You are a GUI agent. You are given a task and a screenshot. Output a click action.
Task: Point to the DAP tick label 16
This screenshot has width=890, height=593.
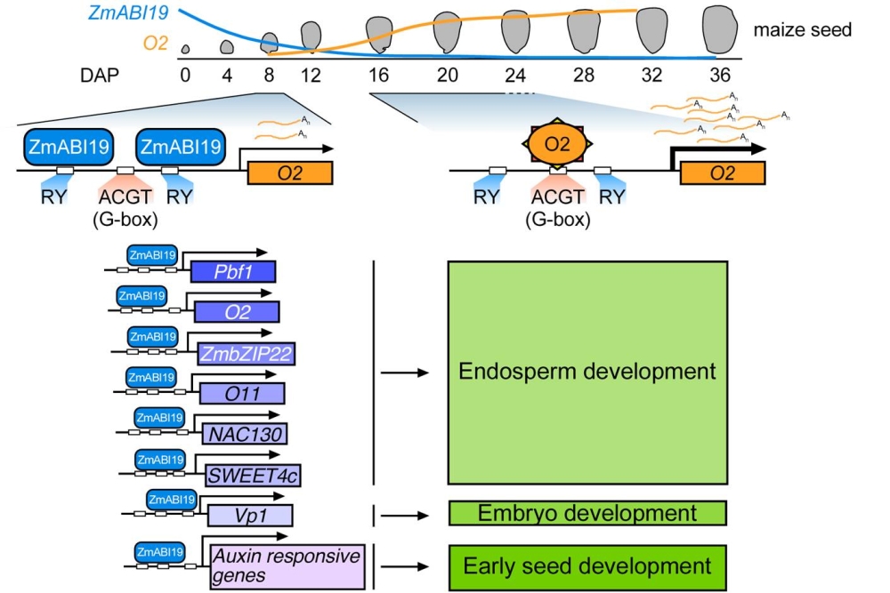point(379,76)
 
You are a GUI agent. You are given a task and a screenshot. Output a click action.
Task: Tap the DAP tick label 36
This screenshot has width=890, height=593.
point(716,76)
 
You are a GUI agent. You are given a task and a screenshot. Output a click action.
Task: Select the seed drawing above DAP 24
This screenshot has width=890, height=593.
point(516,31)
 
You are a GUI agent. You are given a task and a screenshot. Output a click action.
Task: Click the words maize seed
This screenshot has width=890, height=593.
point(802,30)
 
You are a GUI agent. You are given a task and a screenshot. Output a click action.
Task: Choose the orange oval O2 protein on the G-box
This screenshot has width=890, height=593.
point(555,142)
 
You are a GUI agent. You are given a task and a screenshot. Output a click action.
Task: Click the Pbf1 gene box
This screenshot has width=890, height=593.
point(232,272)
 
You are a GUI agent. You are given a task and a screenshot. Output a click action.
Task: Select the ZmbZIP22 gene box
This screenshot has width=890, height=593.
point(247,353)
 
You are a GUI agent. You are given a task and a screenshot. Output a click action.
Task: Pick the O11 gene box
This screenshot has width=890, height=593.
point(242,393)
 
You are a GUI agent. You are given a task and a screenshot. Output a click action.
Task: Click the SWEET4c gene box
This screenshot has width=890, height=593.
point(253,475)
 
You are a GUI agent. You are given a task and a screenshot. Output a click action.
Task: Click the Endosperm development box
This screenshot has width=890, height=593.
point(587,372)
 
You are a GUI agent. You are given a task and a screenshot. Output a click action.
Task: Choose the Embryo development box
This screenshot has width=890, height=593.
point(587,513)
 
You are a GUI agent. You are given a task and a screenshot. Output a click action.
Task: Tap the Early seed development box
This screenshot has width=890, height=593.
point(587,566)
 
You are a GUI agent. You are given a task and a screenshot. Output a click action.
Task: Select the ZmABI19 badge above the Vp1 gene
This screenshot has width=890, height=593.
point(171,501)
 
